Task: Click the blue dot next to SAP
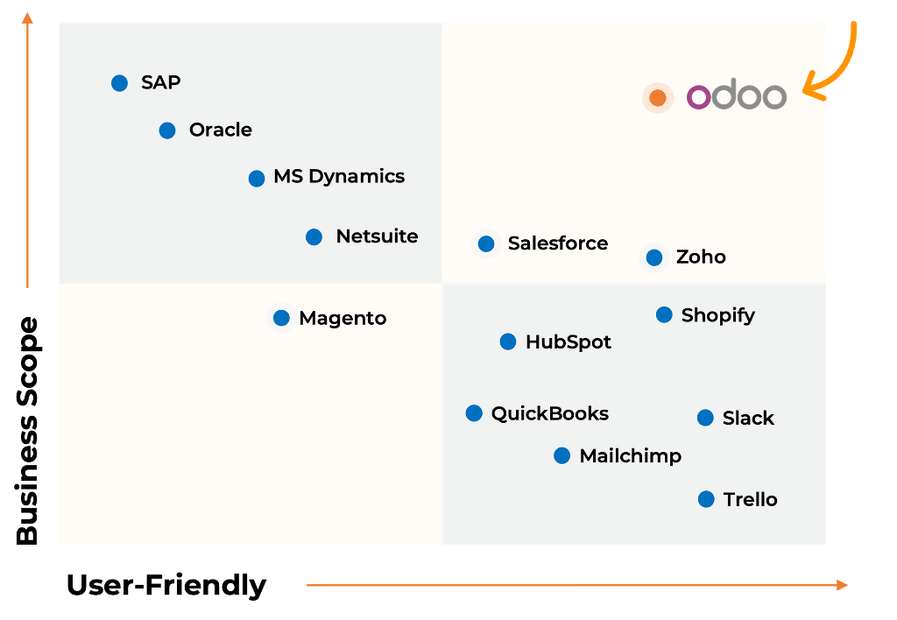[x=120, y=83]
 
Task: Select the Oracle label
[x=220, y=130]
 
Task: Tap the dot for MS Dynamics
[x=257, y=179]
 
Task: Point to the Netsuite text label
[x=377, y=236]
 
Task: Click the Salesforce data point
[x=486, y=243]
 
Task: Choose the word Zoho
[x=701, y=257]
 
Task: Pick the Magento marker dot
[x=281, y=318]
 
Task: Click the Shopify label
[x=717, y=315]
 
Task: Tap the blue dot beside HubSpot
[x=508, y=342]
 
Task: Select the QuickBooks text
[x=549, y=413]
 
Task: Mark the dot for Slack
[x=705, y=418]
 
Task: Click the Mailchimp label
[x=630, y=455]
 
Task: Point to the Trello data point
[x=706, y=499]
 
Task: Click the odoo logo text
[x=736, y=96]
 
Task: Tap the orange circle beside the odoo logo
[x=658, y=98]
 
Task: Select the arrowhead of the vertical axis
[x=28, y=18]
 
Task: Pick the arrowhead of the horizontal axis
[x=843, y=584]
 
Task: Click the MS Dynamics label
[x=339, y=177]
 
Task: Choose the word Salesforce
[x=557, y=243]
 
